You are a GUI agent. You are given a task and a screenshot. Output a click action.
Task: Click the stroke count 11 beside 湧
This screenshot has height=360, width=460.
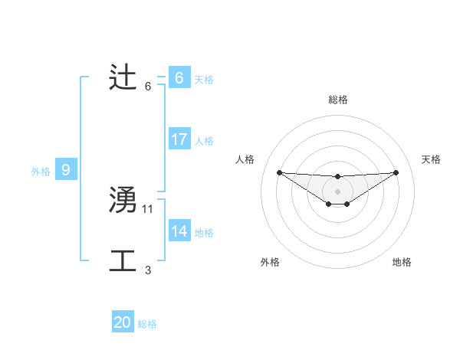[x=148, y=208]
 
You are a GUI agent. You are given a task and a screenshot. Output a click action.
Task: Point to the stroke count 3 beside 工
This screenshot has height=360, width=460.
[x=148, y=270]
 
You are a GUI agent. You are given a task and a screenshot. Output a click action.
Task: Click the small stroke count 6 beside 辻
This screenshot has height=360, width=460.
[x=148, y=86]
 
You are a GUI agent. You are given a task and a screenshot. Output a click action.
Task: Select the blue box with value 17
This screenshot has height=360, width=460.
[x=179, y=139]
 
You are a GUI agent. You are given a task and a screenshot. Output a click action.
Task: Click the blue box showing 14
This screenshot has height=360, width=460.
[x=179, y=231]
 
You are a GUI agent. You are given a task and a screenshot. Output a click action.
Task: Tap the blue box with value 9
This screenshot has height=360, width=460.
[x=66, y=170]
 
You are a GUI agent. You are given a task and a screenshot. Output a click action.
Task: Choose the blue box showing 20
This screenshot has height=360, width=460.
[x=123, y=322]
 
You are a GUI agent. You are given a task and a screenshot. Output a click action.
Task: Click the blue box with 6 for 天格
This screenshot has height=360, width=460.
[x=179, y=78]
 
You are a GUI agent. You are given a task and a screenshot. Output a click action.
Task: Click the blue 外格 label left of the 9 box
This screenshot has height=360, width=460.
[x=41, y=172]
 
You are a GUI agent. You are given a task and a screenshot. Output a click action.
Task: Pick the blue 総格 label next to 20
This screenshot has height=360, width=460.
[x=147, y=324]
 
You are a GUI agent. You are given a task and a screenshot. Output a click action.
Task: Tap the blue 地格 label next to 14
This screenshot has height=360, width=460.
[x=204, y=233]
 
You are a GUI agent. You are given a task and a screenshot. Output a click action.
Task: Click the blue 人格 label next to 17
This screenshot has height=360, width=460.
[x=204, y=141]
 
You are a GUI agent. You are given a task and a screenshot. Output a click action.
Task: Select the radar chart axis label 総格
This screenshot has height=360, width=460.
[x=338, y=100]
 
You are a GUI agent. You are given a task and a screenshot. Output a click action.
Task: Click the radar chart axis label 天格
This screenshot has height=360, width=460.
[x=432, y=159]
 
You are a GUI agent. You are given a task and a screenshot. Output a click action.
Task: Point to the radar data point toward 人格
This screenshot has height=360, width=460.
[x=279, y=172]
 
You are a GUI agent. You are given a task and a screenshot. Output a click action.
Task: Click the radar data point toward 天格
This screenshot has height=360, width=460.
[x=396, y=172]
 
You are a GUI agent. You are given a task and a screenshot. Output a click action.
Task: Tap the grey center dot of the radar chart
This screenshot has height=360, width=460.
[x=338, y=191]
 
